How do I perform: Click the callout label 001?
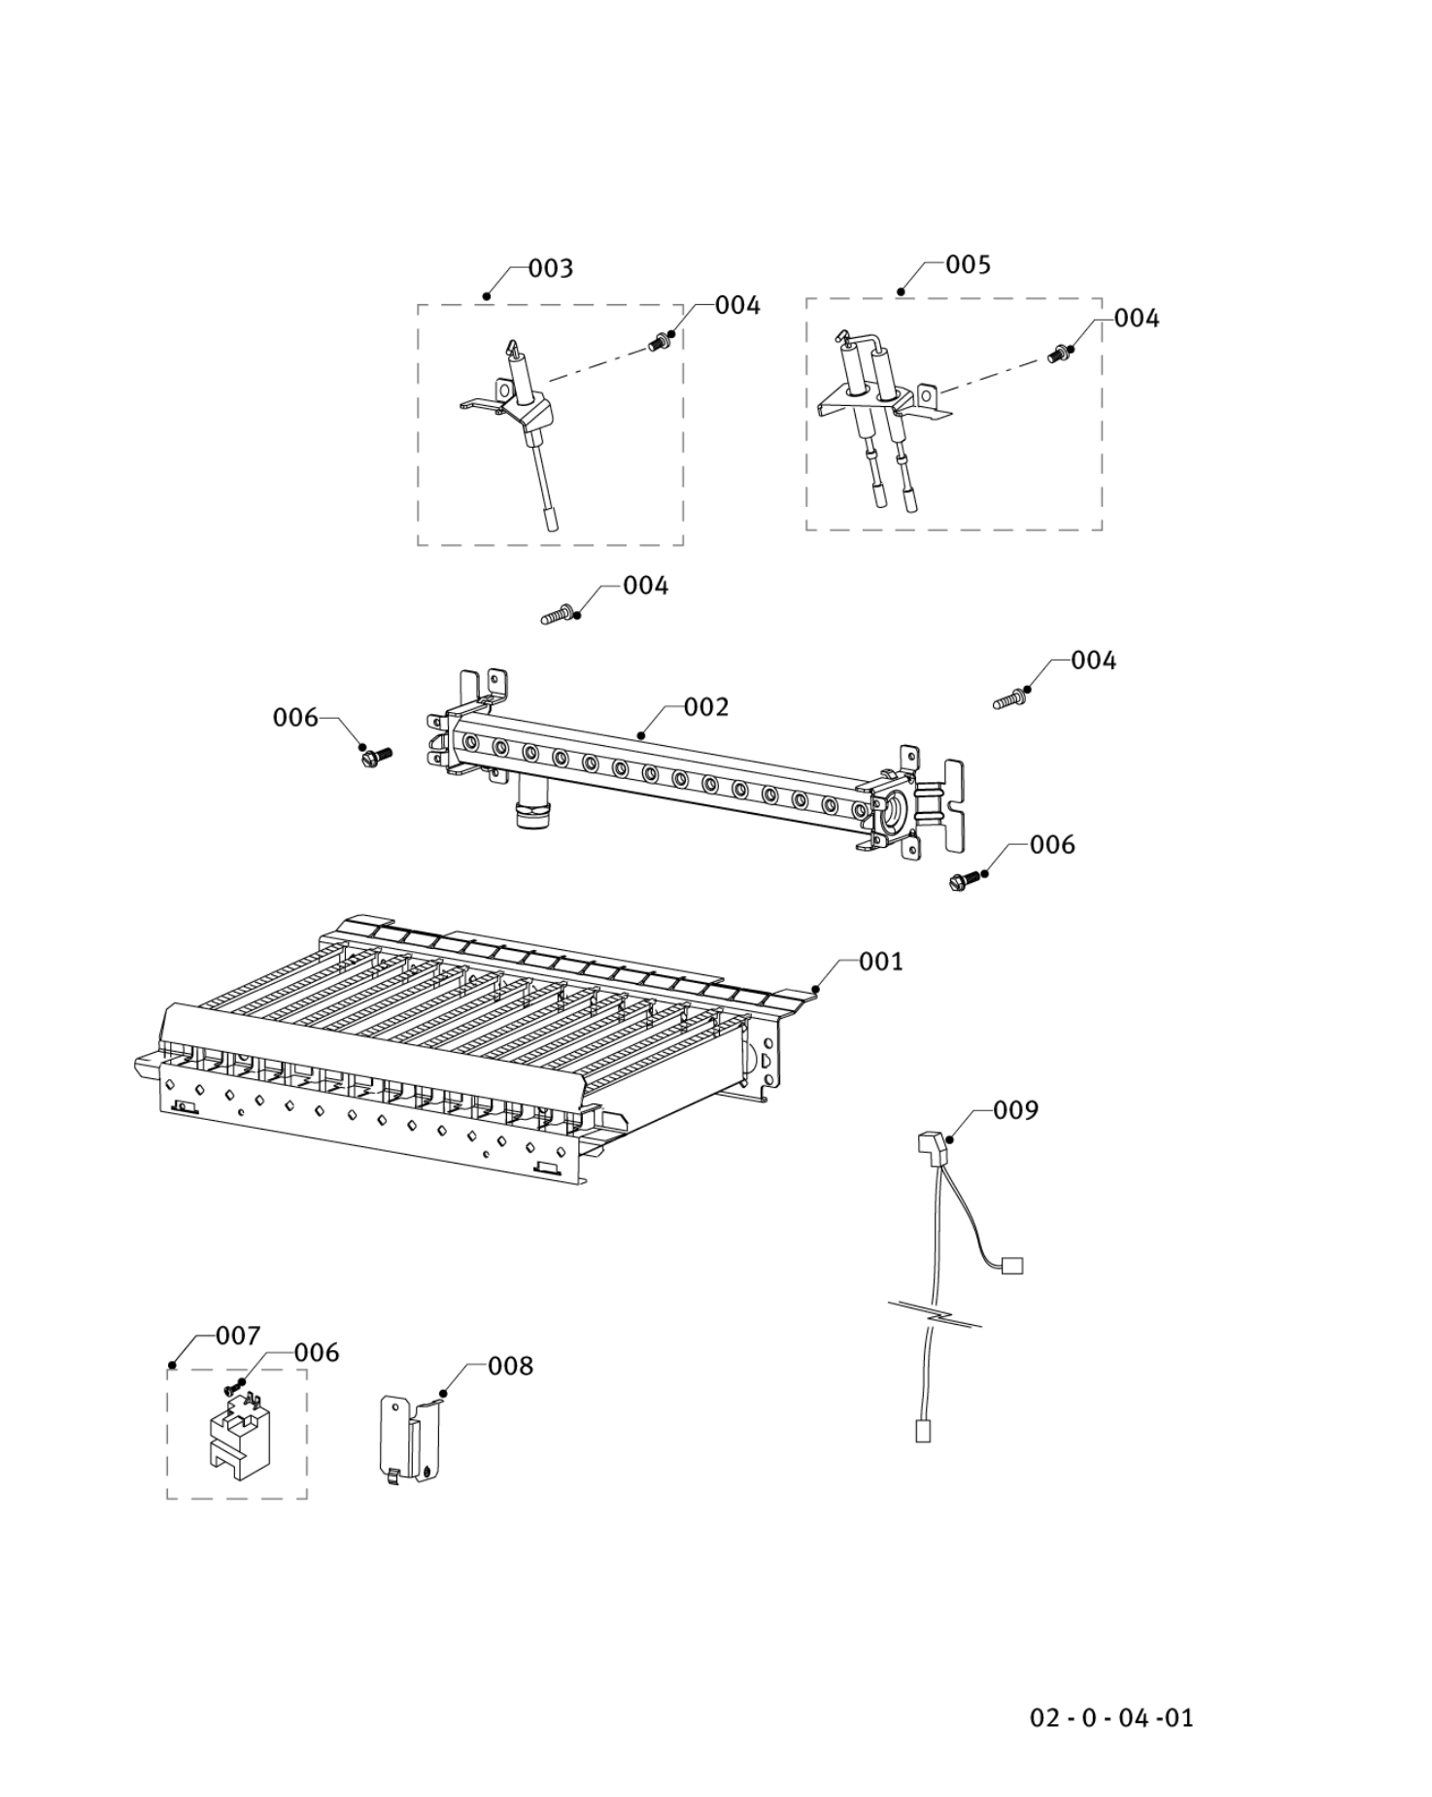coord(880,962)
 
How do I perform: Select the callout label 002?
coord(705,707)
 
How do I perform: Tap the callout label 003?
coord(550,268)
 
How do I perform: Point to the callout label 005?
coord(968,264)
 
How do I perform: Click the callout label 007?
coord(237,1337)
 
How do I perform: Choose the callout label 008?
coord(510,1367)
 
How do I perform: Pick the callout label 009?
coord(1015,1109)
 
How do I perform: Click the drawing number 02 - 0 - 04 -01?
coord(1111,1717)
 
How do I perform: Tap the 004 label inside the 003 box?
coord(737,305)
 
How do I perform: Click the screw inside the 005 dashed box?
coord(1059,355)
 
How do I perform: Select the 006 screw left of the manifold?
coord(376,755)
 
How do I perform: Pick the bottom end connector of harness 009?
coord(923,1430)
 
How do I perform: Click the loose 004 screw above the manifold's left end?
coord(558,615)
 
